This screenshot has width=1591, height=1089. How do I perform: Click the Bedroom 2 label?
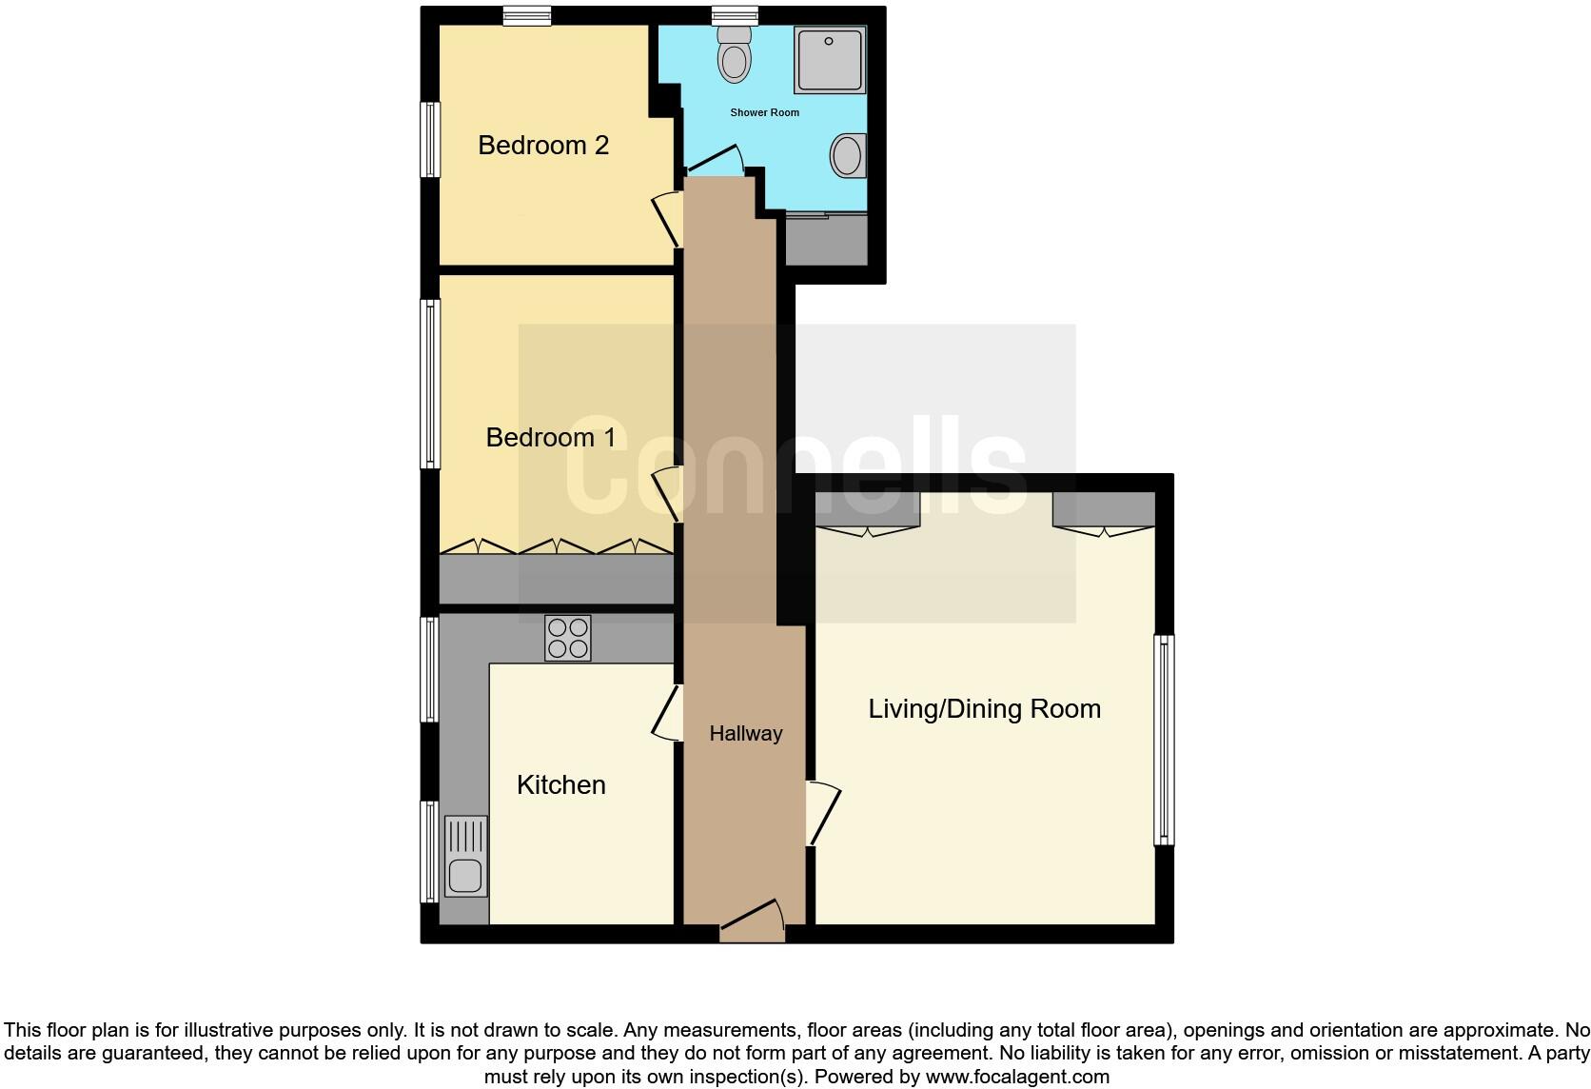[x=542, y=146]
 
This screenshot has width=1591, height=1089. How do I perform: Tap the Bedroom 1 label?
[x=550, y=438]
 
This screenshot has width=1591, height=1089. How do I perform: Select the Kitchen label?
[x=560, y=785]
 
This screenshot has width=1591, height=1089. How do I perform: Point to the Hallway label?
[x=745, y=734]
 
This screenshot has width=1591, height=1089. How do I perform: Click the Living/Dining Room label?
[x=984, y=709]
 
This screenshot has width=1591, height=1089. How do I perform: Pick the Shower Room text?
[x=764, y=112]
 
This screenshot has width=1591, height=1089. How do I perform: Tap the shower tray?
[x=830, y=60]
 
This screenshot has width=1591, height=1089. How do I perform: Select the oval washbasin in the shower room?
[x=847, y=155]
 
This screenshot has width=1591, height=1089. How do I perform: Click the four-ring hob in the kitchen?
[x=567, y=638]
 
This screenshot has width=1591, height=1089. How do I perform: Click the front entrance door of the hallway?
[x=753, y=921]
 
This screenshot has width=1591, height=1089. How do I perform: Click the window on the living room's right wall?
[x=1164, y=740]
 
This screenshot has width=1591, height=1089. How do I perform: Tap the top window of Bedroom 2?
[x=526, y=14]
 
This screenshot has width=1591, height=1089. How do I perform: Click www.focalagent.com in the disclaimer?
[x=1016, y=1078]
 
